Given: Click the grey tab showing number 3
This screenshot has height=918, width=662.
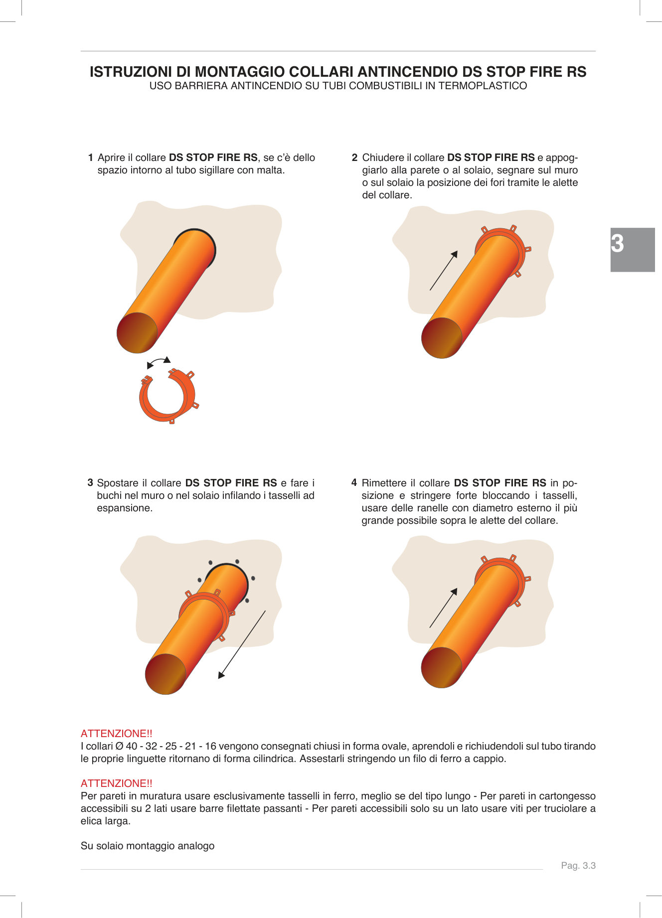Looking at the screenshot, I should [632, 249].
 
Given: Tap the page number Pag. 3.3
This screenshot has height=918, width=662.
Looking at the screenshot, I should [578, 865].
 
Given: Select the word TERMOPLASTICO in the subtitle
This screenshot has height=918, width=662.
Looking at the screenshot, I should [483, 86].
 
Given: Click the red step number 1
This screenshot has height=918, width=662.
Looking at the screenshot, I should [91, 157].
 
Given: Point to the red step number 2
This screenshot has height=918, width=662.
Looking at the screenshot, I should [354, 157].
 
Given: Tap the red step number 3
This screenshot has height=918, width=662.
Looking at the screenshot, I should [90, 482].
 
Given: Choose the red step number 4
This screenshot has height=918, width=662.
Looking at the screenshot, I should [354, 482].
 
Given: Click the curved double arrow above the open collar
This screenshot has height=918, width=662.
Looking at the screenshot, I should [159, 361].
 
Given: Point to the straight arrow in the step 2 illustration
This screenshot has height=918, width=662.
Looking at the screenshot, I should [443, 271].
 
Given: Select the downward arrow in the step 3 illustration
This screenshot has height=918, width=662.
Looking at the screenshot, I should [242, 644].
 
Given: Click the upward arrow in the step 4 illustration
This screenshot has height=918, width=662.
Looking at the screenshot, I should [443, 608].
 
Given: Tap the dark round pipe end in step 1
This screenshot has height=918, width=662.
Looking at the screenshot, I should [137, 333].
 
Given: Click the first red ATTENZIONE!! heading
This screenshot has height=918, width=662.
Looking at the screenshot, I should [117, 733].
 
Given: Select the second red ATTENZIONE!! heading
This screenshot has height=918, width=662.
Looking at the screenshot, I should [117, 783].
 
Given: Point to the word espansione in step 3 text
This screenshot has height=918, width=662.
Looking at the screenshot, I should [124, 508].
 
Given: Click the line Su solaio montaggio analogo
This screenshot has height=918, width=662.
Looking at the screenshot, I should [148, 846].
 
